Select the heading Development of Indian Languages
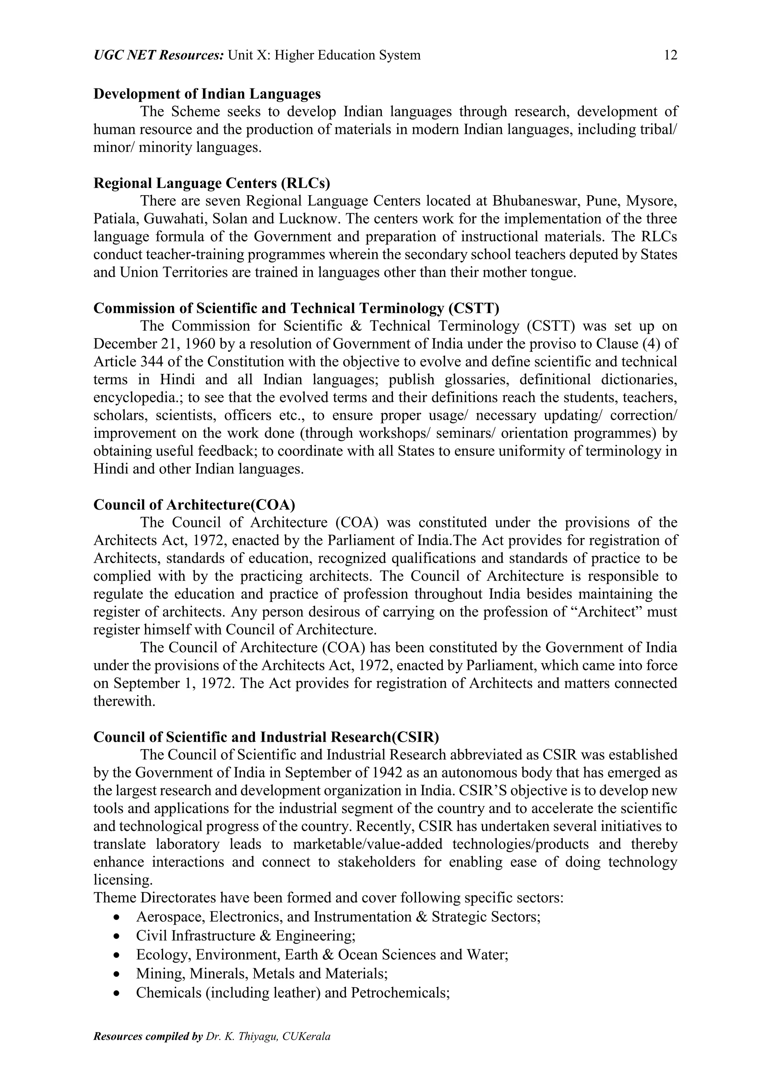click(x=207, y=94)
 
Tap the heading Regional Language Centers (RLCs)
click(x=212, y=183)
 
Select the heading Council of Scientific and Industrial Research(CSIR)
click(x=266, y=737)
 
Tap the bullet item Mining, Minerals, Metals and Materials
click(x=262, y=974)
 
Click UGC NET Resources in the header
click(x=158, y=56)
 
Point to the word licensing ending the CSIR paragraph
click(x=123, y=881)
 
